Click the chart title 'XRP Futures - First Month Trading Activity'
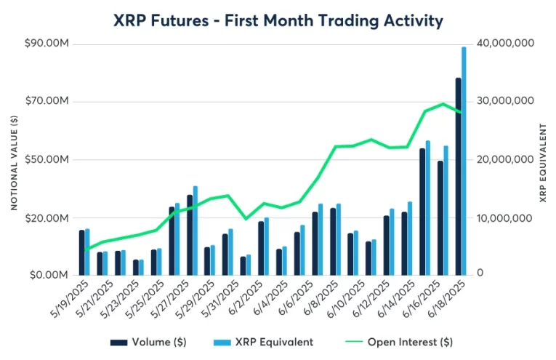(278, 20)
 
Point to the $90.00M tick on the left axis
(47, 44)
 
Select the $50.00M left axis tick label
(47, 159)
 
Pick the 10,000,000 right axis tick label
(504, 217)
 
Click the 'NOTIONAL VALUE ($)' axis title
(14, 159)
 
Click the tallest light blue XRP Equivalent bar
(464, 160)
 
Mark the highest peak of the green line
(443, 104)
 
